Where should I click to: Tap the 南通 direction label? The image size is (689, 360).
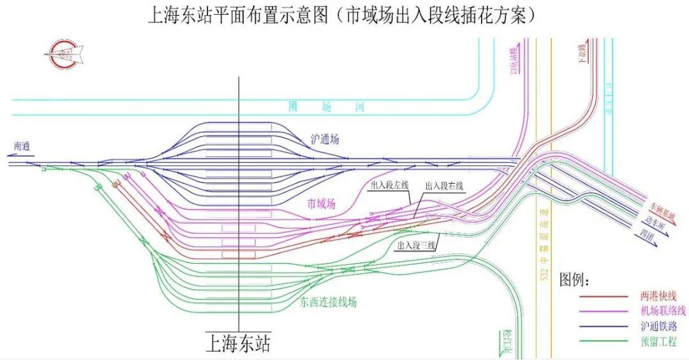pyautogui.click(x=22, y=146)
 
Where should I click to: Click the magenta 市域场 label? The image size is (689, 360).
pyautogui.click(x=321, y=204)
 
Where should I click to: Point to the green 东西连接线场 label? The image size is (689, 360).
pyautogui.click(x=328, y=302)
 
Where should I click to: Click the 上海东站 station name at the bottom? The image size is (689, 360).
pyautogui.click(x=237, y=344)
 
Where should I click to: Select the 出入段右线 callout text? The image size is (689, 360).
pyautogui.click(x=445, y=186)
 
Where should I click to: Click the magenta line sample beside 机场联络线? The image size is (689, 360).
pyautogui.click(x=604, y=311)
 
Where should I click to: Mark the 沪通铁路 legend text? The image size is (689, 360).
pyautogui.click(x=662, y=326)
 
